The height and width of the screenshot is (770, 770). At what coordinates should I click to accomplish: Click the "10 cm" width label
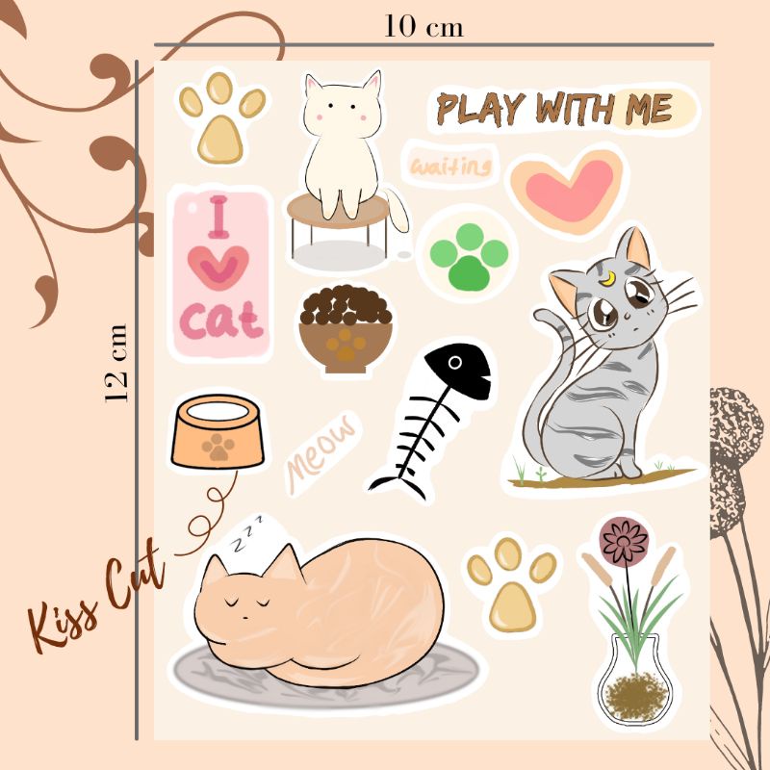tap(424, 26)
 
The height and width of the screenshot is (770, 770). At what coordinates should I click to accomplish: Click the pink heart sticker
tap(568, 187)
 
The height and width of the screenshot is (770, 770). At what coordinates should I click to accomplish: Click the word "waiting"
tap(450, 167)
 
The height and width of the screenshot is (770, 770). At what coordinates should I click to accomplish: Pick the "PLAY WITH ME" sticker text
tap(555, 110)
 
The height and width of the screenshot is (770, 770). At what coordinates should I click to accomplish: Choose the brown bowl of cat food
tap(346, 330)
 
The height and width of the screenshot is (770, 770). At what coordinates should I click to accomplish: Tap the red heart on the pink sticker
tap(220, 269)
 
